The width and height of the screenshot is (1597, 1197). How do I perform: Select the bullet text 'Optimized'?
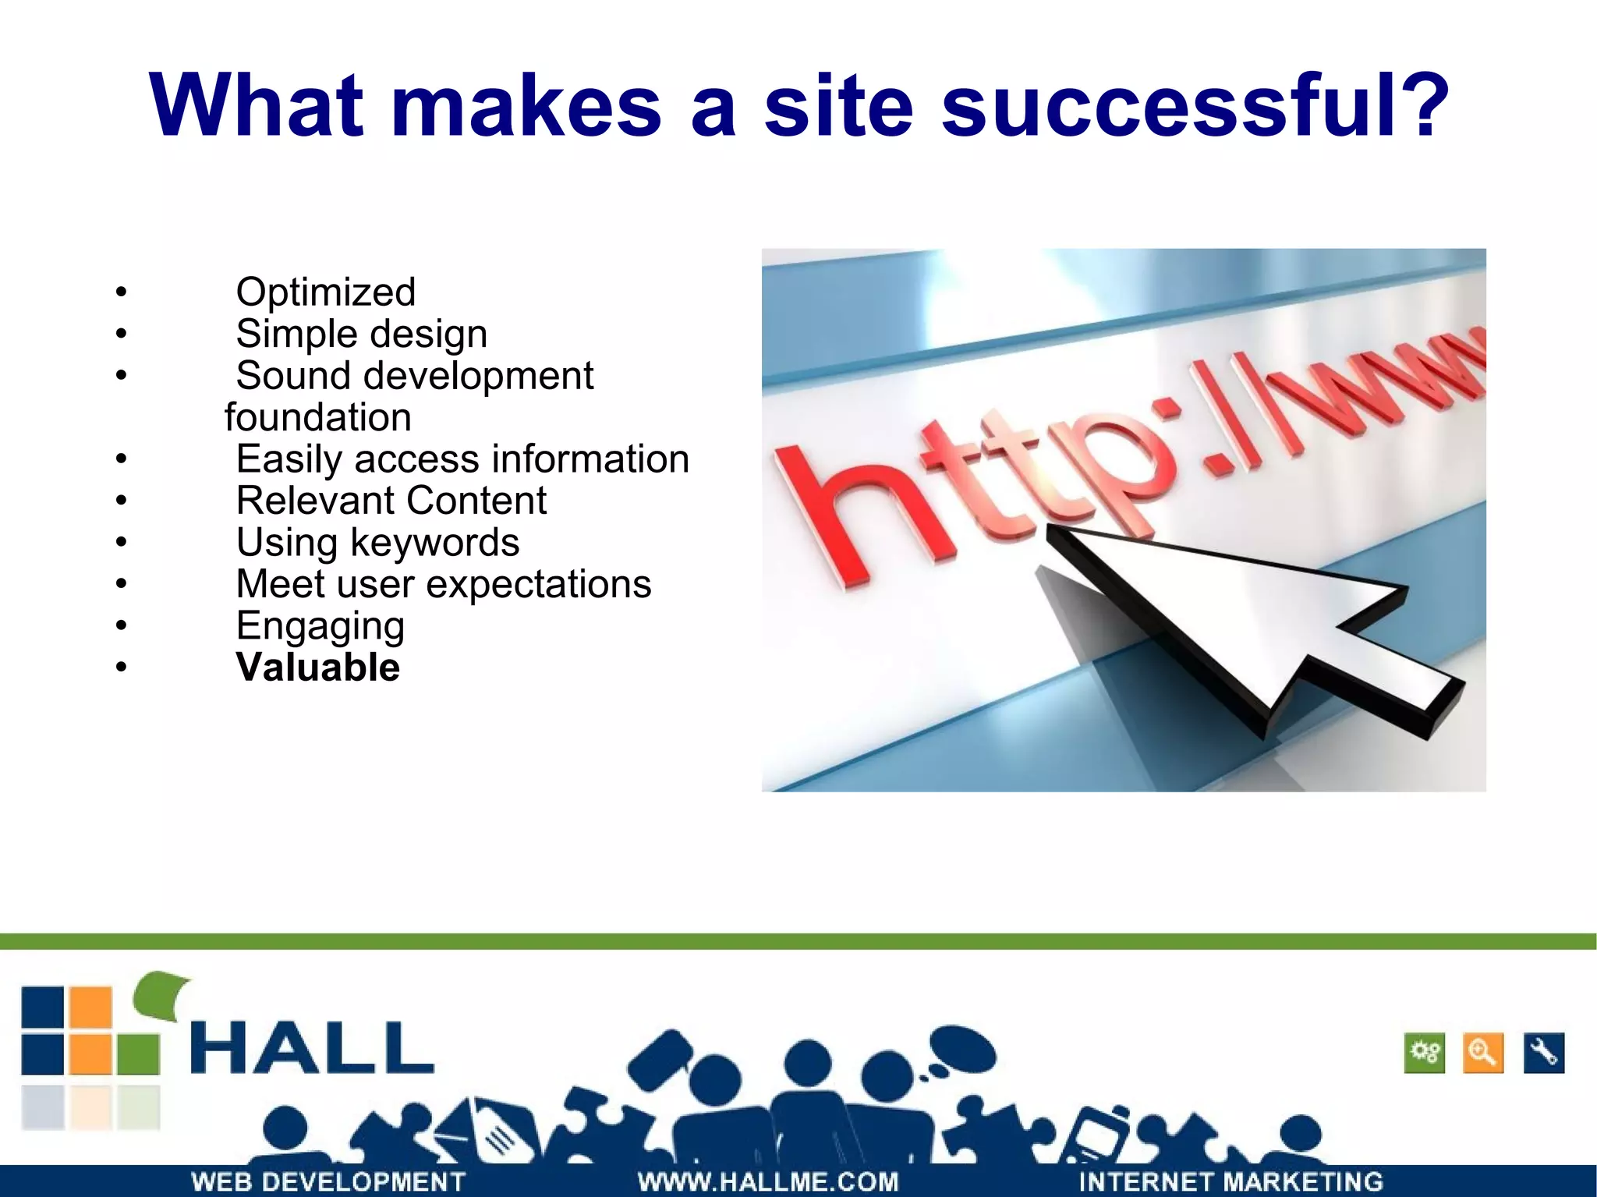click(325, 292)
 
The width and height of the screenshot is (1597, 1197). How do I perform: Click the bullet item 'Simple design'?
click(361, 334)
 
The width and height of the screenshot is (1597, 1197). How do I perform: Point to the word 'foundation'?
click(317, 417)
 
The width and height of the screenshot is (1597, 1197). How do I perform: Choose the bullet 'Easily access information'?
click(462, 459)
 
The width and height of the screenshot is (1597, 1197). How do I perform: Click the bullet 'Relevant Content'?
click(391, 501)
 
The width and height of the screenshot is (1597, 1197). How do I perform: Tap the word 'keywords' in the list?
click(434, 542)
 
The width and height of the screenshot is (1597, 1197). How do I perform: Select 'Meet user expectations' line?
click(443, 584)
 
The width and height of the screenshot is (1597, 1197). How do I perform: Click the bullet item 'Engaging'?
click(320, 626)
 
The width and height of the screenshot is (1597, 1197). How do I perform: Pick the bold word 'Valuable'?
click(317, 668)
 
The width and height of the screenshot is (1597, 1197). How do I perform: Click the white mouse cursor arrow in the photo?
click(1255, 624)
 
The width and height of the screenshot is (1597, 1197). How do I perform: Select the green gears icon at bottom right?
click(1424, 1054)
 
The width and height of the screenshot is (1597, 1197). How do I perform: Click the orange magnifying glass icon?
click(1482, 1054)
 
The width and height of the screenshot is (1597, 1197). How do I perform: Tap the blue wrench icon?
click(1543, 1054)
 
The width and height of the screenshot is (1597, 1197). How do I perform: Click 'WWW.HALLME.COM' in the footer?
click(768, 1181)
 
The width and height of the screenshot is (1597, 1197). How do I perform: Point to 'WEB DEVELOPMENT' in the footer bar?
click(328, 1181)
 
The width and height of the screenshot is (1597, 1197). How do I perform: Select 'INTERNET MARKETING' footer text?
click(1230, 1181)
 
